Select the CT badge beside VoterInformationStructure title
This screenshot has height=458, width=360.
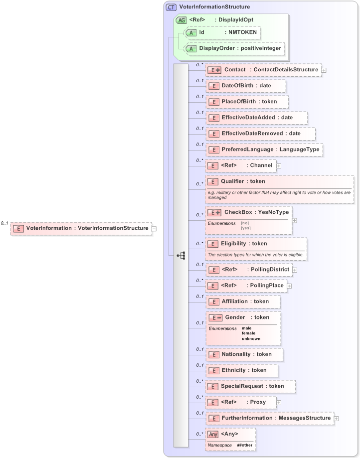point(171,7)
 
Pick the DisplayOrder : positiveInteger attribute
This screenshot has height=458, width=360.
point(234,48)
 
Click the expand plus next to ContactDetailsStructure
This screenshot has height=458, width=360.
point(324,70)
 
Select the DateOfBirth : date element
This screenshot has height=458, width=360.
point(246,86)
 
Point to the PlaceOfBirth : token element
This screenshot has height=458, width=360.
point(248,102)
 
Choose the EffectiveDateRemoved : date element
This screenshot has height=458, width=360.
point(261,134)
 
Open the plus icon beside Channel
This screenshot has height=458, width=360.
point(279,165)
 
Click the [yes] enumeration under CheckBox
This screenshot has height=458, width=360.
point(245,228)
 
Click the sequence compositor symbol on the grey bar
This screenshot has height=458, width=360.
point(180,256)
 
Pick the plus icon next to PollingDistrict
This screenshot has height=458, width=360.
point(295,270)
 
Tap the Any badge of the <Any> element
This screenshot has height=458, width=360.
point(213,434)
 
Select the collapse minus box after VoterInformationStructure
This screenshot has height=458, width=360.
point(154,228)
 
